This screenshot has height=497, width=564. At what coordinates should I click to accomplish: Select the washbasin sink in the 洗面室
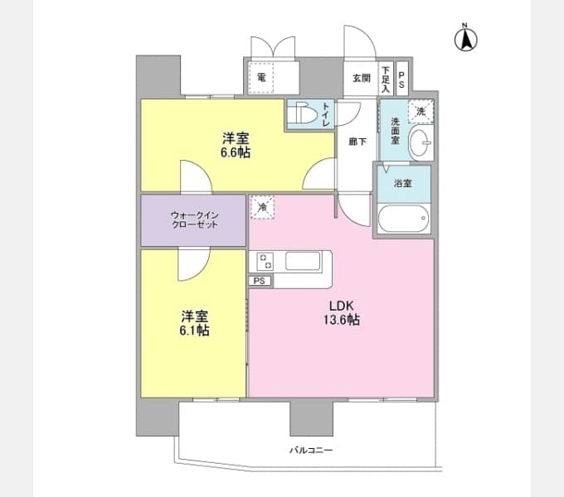421,142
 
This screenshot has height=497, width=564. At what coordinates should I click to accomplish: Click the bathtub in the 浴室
403,219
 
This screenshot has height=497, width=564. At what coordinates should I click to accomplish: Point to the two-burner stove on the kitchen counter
265,261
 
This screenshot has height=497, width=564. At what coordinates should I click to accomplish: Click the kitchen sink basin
303,261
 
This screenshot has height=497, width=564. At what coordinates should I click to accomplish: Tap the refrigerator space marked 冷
263,207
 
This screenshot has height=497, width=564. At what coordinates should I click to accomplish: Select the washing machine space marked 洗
421,112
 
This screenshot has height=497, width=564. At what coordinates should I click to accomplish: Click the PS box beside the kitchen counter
260,281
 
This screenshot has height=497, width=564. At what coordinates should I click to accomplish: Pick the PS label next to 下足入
401,80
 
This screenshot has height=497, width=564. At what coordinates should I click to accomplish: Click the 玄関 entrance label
362,78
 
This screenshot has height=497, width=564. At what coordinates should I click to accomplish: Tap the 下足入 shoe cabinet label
386,80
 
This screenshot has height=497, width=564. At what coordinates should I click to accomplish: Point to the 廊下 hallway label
357,142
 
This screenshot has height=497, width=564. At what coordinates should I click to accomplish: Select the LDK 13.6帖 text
342,312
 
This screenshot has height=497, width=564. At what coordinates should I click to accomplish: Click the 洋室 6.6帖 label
236,146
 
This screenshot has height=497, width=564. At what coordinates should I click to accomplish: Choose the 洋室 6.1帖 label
195,323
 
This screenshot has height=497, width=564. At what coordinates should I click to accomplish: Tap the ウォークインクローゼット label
194,220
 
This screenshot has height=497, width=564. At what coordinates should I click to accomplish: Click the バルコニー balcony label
311,450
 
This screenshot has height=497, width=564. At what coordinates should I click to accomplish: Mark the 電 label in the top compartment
261,77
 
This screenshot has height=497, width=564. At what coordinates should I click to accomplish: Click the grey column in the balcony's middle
312,418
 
